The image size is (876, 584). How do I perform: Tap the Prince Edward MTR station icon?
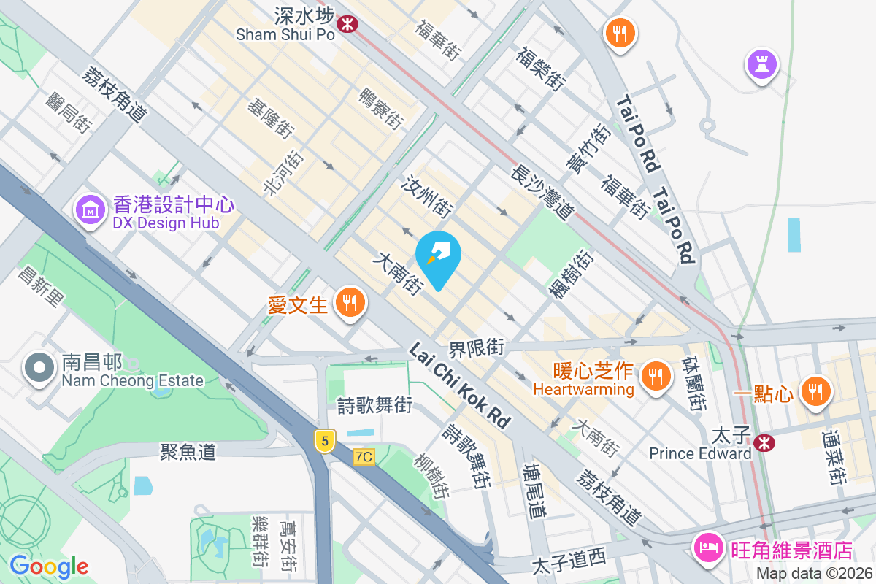tap(764, 442)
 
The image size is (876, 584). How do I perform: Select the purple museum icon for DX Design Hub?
tap(90, 211)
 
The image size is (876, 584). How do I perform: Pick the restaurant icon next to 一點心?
tap(815, 393)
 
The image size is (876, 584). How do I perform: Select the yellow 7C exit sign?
tap(364, 457)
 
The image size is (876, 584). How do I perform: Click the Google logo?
tap(49, 566)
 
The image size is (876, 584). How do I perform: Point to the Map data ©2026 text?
tap(814, 574)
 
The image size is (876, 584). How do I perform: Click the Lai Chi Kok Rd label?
tap(459, 385)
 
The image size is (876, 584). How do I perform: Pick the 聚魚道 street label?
tap(188, 452)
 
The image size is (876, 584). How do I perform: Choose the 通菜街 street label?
tap(834, 458)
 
